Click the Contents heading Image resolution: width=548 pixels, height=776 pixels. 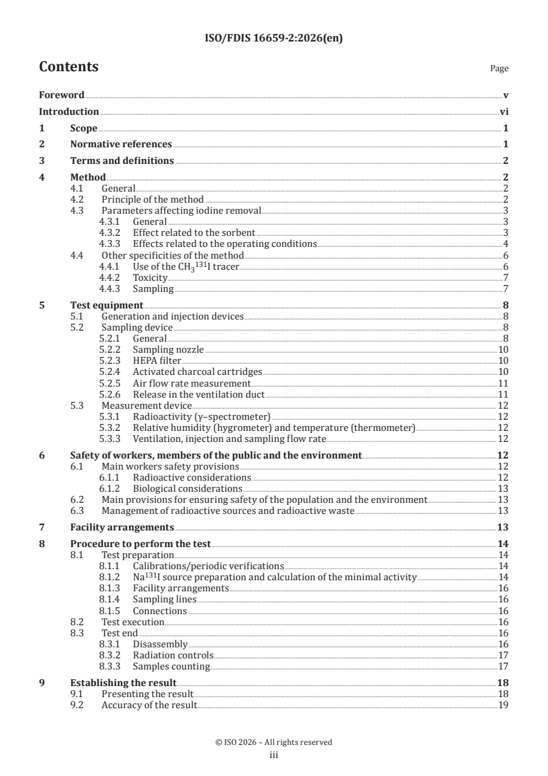(68, 67)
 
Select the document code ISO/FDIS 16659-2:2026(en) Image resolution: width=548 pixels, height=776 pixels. (274, 39)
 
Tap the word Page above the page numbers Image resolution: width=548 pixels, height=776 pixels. (499, 68)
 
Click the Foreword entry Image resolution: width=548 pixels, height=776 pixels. (62, 95)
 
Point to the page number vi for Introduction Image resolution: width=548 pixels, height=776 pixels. (504, 111)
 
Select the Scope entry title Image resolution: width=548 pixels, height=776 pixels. (84, 128)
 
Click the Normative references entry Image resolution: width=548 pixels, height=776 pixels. (121, 145)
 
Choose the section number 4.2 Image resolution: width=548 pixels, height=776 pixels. (78, 199)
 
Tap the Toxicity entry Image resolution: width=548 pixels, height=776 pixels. (150, 277)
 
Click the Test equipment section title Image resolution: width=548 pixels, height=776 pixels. (106, 305)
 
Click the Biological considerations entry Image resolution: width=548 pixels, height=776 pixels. (191, 488)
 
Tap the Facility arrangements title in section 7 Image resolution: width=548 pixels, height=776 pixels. (112, 527)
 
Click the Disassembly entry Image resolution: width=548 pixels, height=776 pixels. (160, 644)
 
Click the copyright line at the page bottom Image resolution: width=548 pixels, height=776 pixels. (274, 742)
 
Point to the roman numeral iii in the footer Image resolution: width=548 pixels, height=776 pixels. (274, 755)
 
